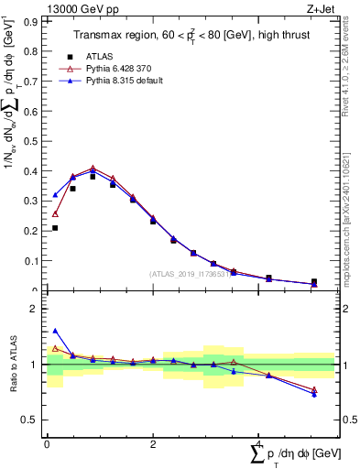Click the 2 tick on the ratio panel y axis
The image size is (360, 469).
pos(37,309)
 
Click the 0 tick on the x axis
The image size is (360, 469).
pos(47,443)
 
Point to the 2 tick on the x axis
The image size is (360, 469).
pos(152,443)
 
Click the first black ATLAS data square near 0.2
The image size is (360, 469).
pos(55,228)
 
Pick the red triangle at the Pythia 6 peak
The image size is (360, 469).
pos(93,169)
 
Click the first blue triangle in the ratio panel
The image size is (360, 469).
pos(55,331)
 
